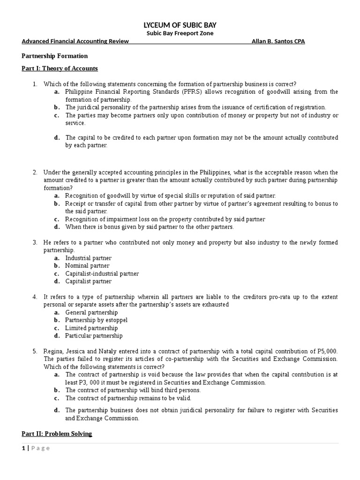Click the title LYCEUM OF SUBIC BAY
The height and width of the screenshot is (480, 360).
180,25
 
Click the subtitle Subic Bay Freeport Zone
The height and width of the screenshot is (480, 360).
180,33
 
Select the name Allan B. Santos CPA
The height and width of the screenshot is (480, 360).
278,41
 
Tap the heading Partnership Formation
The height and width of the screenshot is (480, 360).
55,56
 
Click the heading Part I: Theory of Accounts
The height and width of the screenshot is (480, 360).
60,68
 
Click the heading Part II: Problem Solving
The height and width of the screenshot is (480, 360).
57,434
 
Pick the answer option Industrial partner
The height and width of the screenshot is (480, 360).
88,258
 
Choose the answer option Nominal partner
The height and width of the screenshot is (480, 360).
87,266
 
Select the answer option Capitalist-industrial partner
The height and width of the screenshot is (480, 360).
102,274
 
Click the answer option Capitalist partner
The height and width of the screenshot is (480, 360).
88,281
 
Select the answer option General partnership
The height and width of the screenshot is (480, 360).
91,312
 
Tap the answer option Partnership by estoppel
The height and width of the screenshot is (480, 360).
96,320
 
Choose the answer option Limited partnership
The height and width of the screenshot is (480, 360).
91,328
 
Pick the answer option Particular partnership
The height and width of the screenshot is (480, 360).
94,336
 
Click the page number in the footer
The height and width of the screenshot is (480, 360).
23,448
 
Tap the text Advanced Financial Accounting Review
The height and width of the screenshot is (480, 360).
75,41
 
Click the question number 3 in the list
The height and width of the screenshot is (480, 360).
35,242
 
